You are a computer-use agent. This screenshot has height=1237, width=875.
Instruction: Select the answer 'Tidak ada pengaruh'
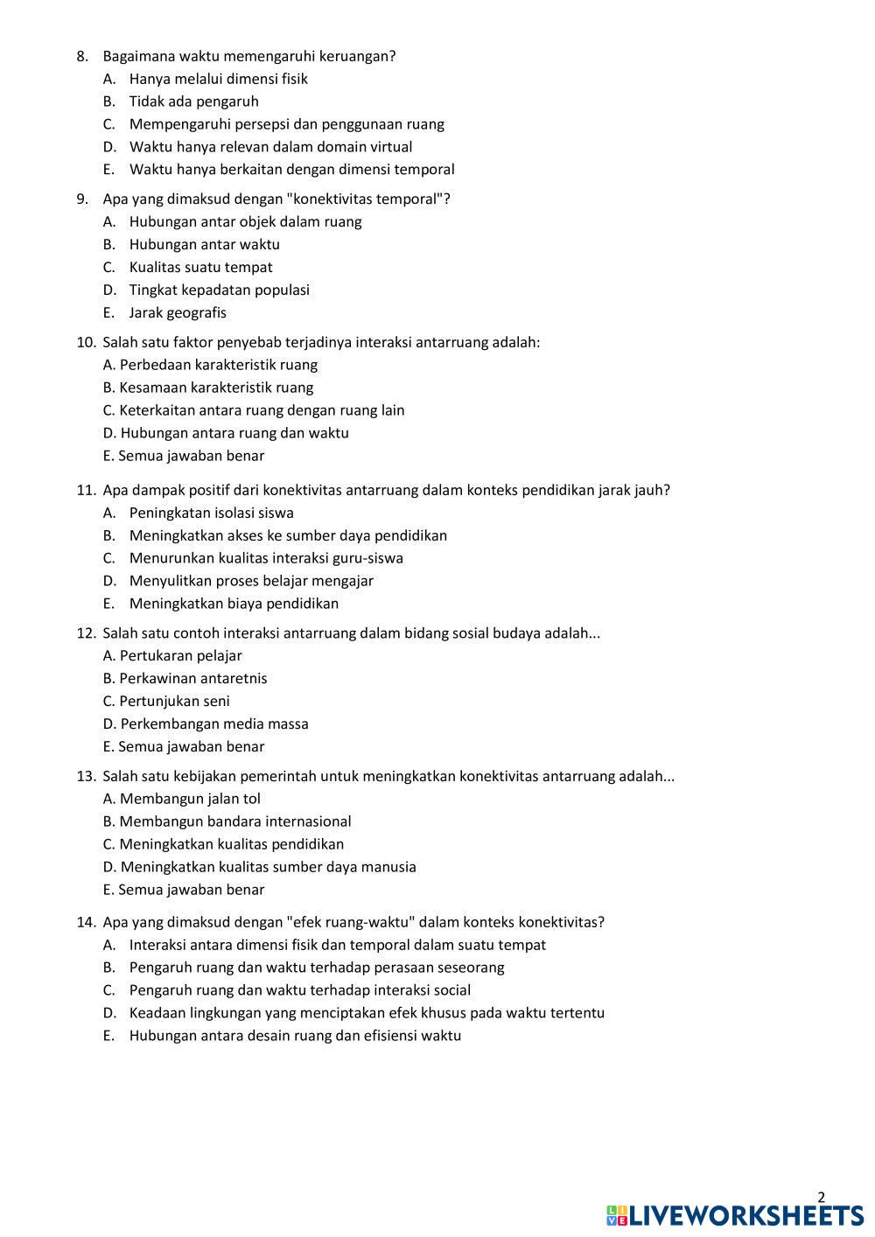(193, 101)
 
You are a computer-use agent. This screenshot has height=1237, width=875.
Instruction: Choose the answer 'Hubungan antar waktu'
(204, 245)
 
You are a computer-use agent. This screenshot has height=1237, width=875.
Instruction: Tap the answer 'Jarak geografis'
(178, 313)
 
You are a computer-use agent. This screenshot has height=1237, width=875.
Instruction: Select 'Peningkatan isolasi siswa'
(211, 513)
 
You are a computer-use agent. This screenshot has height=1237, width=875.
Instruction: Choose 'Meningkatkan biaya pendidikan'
(234, 604)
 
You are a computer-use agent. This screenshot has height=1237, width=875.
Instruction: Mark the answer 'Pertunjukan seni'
(174, 702)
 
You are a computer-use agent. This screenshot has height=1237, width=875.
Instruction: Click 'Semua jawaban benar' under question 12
(190, 747)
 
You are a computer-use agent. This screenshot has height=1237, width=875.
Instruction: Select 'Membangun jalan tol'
(189, 799)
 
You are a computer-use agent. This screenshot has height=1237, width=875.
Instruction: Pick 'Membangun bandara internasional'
(234, 821)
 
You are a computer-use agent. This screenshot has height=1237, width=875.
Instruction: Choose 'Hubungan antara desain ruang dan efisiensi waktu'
(295, 1036)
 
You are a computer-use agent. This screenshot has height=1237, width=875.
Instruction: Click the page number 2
(821, 1198)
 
